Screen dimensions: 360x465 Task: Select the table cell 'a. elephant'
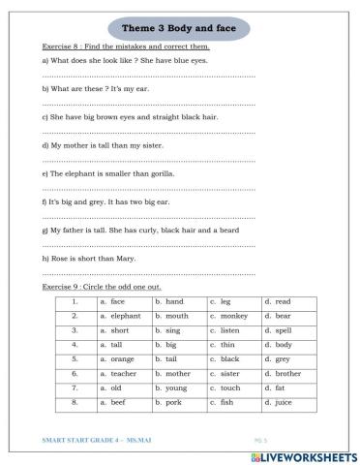point(121,315)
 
